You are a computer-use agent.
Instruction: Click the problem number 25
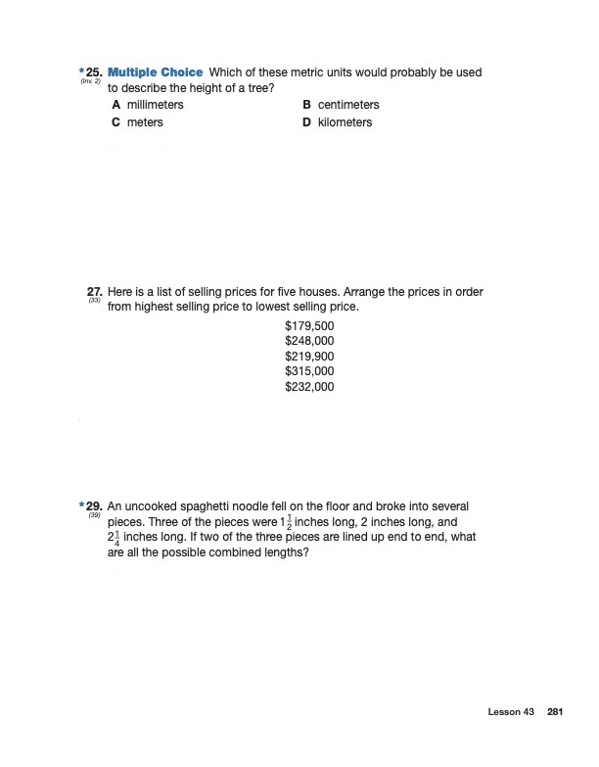tap(92, 73)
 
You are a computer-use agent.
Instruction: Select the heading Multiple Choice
tap(155, 73)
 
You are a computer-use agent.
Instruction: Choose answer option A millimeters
tap(148, 105)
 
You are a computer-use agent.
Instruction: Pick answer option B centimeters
tap(341, 105)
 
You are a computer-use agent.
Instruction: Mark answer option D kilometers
tap(338, 122)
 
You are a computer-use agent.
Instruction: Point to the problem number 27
tap(94, 292)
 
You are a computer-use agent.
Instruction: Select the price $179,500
tap(309, 325)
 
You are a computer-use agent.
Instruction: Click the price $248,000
tap(309, 341)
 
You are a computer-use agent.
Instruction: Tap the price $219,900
tap(309, 357)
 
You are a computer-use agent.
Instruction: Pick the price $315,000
tap(309, 372)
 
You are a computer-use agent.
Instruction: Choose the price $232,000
tap(309, 388)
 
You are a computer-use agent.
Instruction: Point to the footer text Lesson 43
tap(511, 712)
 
